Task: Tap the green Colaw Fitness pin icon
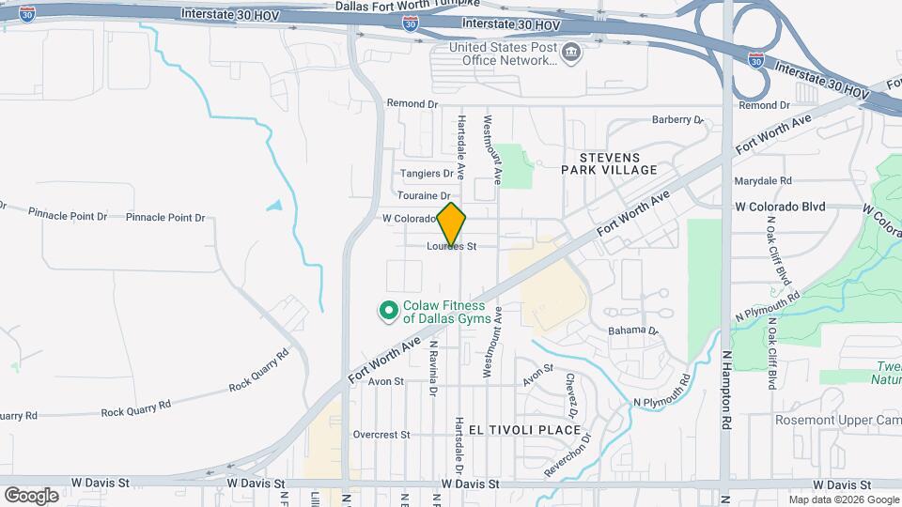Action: (x=387, y=310)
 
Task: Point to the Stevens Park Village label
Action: (x=609, y=163)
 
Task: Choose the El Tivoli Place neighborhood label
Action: (x=525, y=430)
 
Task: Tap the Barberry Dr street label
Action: (x=677, y=120)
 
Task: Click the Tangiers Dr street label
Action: (x=427, y=174)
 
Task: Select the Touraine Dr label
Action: (x=425, y=195)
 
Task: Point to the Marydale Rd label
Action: (x=764, y=180)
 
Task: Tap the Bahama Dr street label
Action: (x=632, y=330)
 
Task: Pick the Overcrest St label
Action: (x=381, y=435)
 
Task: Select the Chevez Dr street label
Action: (x=570, y=394)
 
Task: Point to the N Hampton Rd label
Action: (x=726, y=376)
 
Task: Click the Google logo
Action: (x=31, y=495)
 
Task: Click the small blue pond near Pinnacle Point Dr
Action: (x=274, y=205)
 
